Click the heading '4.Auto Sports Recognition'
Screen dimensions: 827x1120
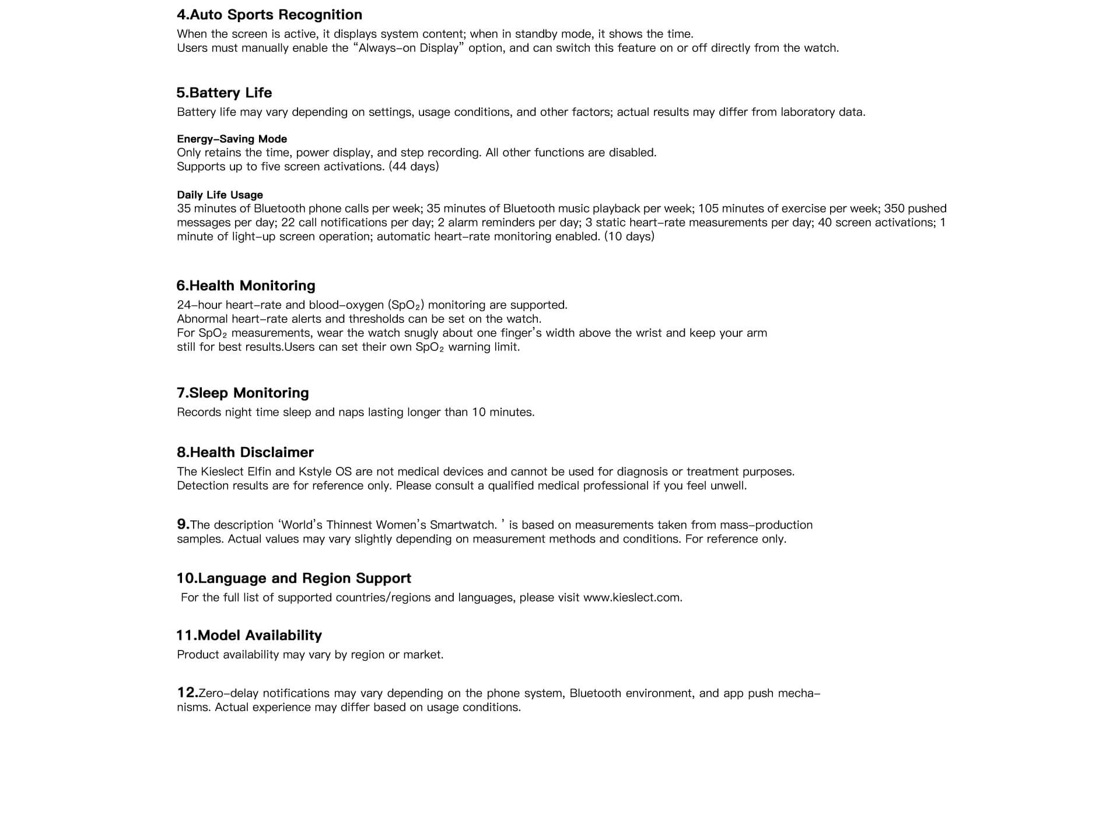click(x=269, y=15)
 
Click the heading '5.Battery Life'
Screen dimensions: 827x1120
click(x=224, y=93)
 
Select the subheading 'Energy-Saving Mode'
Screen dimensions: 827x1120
click(x=232, y=139)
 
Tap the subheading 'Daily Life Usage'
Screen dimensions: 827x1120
click(x=220, y=195)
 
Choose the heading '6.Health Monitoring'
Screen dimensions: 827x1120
click(x=246, y=286)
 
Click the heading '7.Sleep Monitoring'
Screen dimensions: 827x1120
click(x=243, y=393)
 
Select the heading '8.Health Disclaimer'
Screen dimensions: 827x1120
click(x=245, y=452)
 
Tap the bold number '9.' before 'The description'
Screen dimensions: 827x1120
click(x=183, y=525)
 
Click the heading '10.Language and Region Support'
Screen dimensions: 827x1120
click(x=293, y=578)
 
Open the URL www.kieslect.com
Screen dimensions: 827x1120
click(x=632, y=598)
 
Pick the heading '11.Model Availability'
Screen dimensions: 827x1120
click(x=249, y=635)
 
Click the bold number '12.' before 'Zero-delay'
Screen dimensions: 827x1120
click(x=187, y=692)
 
